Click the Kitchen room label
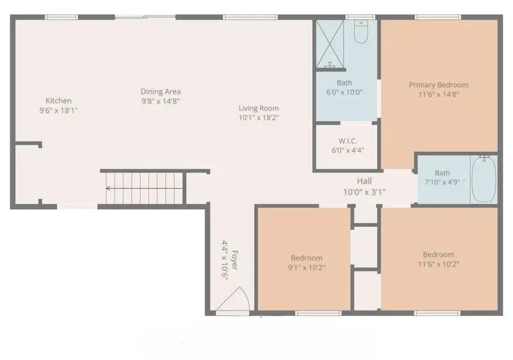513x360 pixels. tap(59, 101)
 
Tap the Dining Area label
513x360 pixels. tap(161, 91)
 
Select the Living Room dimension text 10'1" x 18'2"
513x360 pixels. tap(259, 118)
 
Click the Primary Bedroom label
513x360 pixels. tap(438, 85)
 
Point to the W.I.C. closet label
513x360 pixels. tap(347, 141)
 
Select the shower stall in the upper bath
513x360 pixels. tap(330, 45)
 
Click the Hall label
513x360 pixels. tap(364, 181)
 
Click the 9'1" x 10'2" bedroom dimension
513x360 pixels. tap(307, 267)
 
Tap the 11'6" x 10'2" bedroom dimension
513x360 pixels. tap(438, 264)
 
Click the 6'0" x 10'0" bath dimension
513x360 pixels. tap(344, 92)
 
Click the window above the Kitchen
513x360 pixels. tap(61, 17)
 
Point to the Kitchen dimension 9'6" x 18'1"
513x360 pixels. tap(59, 111)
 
